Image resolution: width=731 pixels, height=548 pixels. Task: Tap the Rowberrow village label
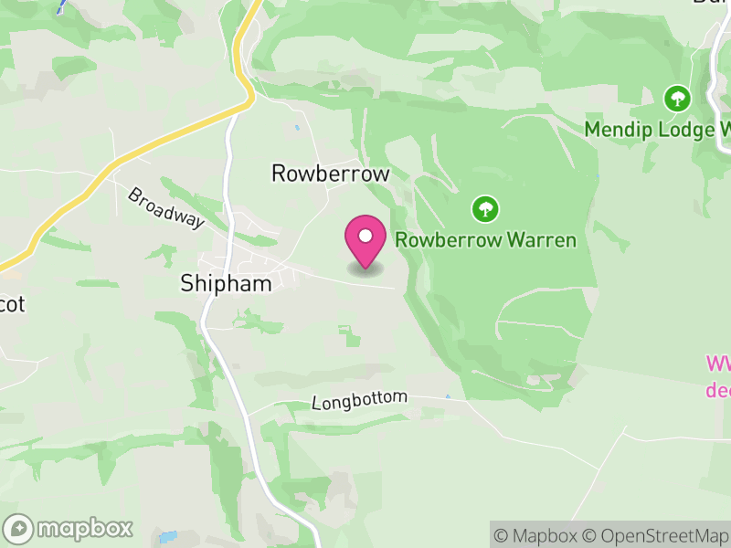[x=331, y=174]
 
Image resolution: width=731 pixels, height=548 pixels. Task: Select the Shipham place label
[x=226, y=284]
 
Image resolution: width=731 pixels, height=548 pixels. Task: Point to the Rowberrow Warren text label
[x=485, y=241]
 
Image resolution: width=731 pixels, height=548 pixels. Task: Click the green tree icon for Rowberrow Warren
[x=485, y=209]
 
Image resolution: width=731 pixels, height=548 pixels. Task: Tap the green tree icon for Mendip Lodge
[x=676, y=98]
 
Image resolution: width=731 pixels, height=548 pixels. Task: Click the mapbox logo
[x=69, y=529]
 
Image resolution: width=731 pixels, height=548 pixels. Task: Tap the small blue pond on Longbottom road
[x=448, y=396]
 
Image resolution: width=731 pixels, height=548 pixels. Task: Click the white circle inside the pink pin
[x=365, y=237]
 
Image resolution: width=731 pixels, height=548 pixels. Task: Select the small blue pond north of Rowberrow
[x=296, y=127]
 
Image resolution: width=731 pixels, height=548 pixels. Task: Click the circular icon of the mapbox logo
[x=18, y=529]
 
